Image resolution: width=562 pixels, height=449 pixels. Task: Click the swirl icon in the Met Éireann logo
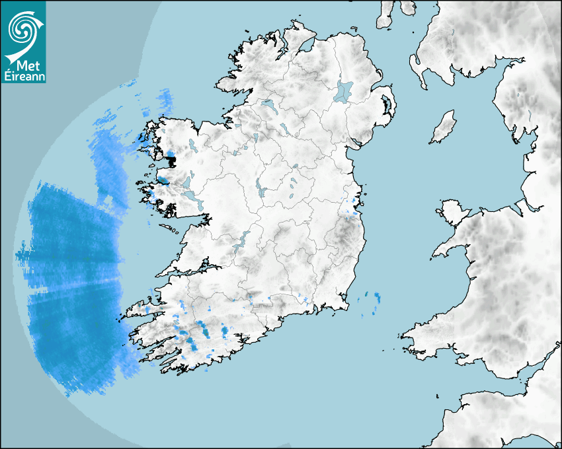coord(22,28)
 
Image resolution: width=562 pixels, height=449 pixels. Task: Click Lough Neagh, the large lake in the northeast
coord(344,91)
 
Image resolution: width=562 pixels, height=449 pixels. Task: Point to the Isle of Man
coord(444,127)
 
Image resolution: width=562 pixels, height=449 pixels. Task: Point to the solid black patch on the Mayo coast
coord(171,159)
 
